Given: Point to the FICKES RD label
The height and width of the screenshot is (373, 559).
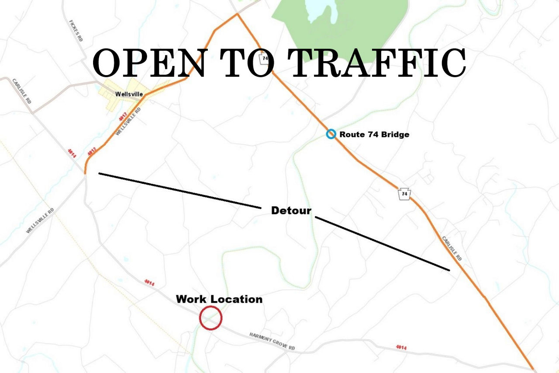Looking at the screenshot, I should pos(76,31).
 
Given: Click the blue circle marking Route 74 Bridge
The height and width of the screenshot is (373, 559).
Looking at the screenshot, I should pos(331,134).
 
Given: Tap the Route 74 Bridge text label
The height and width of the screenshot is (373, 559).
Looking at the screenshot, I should pos(374,135).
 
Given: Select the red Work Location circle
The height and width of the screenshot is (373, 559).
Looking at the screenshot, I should pos(210,318).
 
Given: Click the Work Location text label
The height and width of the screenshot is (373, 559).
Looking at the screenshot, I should pos(219,299).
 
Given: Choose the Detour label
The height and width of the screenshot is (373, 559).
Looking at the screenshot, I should pos(291,211).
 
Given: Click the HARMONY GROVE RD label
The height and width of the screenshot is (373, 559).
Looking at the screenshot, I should pos(272,341).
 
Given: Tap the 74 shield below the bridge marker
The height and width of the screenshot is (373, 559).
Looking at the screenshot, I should pos(405,193).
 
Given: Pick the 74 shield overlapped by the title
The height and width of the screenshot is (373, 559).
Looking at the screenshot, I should pos(264,59).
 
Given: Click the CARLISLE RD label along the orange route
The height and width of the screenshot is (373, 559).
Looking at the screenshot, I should pos(452,249).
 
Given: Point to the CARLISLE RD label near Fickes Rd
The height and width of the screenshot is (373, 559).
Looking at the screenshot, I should pos(22,90).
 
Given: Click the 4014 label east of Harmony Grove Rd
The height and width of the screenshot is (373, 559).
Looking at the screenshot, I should pos(401,347).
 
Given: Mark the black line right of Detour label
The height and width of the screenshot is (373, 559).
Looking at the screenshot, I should pos(382,243).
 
